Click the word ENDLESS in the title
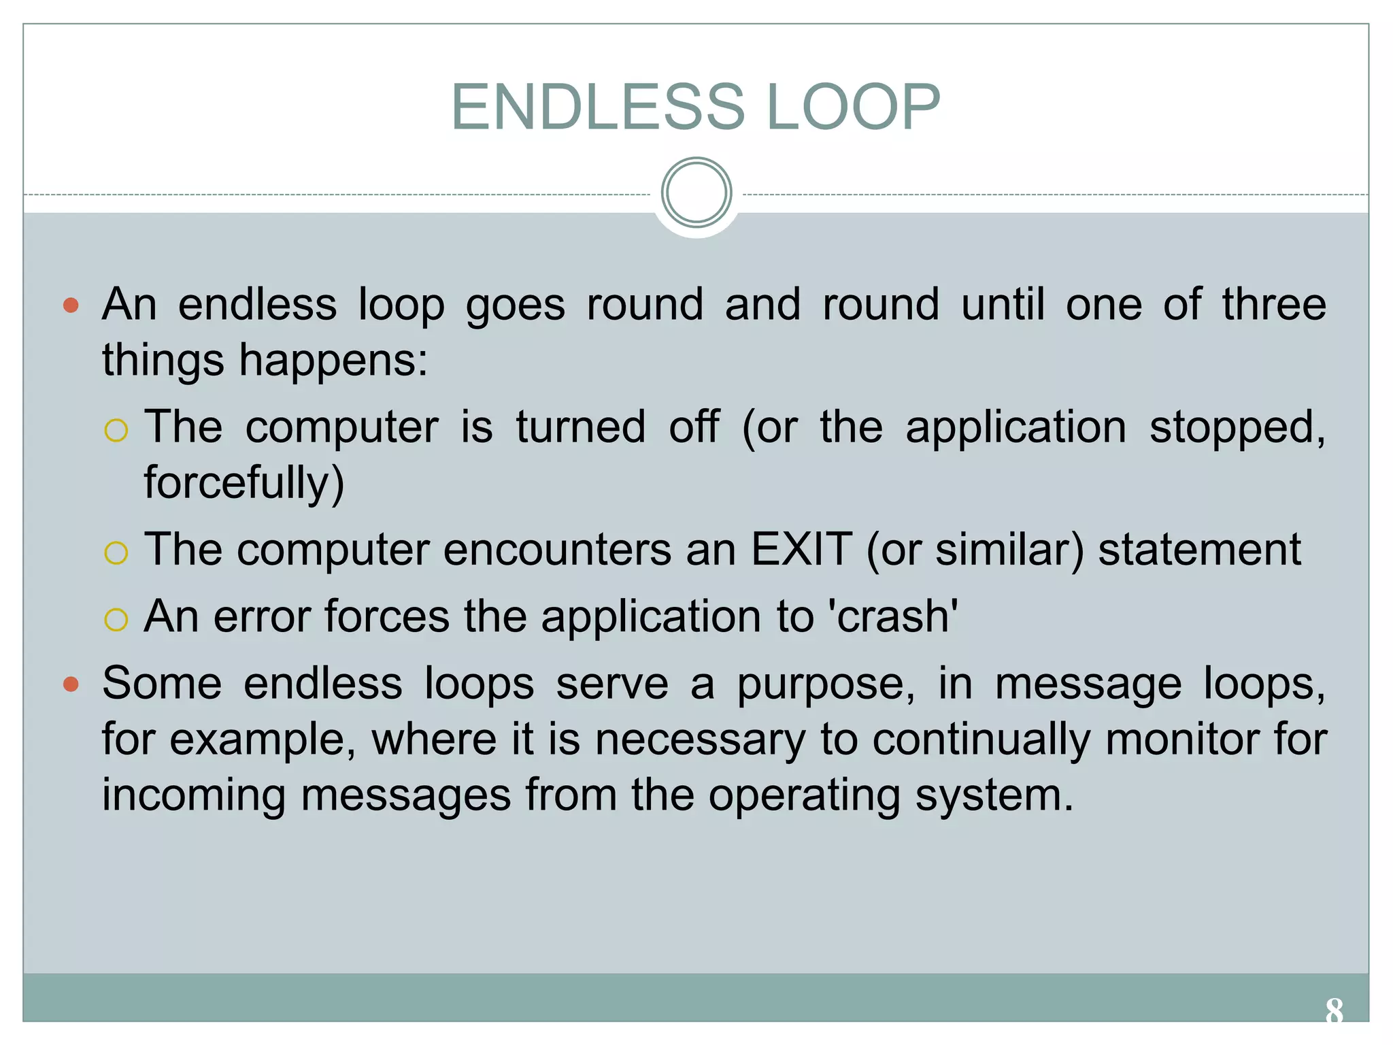(599, 107)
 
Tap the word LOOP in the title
(853, 107)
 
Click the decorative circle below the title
(696, 193)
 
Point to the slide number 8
(1334, 1011)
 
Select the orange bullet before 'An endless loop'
(71, 305)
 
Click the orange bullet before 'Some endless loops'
(71, 684)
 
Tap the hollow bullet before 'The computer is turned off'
(116, 430)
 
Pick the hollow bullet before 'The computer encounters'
(116, 552)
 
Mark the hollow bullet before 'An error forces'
(116, 619)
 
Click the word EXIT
(801, 549)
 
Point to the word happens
(333, 360)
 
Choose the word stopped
(1237, 428)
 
